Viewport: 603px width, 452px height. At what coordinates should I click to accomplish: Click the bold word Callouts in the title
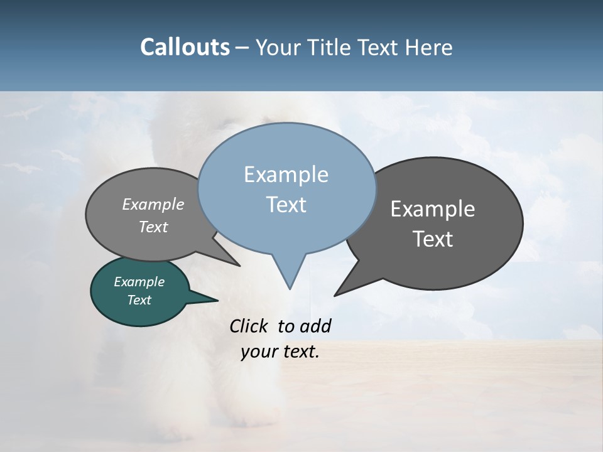(x=185, y=47)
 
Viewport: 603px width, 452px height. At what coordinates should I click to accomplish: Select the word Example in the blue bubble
(x=286, y=175)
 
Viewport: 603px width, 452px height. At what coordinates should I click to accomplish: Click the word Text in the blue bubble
(x=286, y=205)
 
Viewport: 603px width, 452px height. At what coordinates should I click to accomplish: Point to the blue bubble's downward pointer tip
(x=290, y=289)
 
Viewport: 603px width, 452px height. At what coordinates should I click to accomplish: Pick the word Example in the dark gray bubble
(x=433, y=209)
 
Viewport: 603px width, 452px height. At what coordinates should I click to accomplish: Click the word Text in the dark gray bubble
(x=433, y=239)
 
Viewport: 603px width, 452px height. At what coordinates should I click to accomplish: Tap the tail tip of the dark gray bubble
(x=335, y=295)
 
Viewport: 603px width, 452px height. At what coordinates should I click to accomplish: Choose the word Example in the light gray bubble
(x=153, y=204)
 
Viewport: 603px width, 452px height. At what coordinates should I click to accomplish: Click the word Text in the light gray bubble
(x=153, y=227)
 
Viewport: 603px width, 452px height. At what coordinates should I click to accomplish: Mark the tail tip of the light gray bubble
(x=239, y=266)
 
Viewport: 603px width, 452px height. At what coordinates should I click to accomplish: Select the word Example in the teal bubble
(x=139, y=282)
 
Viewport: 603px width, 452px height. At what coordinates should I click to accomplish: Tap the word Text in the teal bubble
(x=139, y=300)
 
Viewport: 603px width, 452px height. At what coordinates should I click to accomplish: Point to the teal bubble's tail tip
(x=217, y=300)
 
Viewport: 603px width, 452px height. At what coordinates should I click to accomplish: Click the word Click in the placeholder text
(x=250, y=326)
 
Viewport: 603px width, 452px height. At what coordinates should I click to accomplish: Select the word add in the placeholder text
(x=315, y=326)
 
